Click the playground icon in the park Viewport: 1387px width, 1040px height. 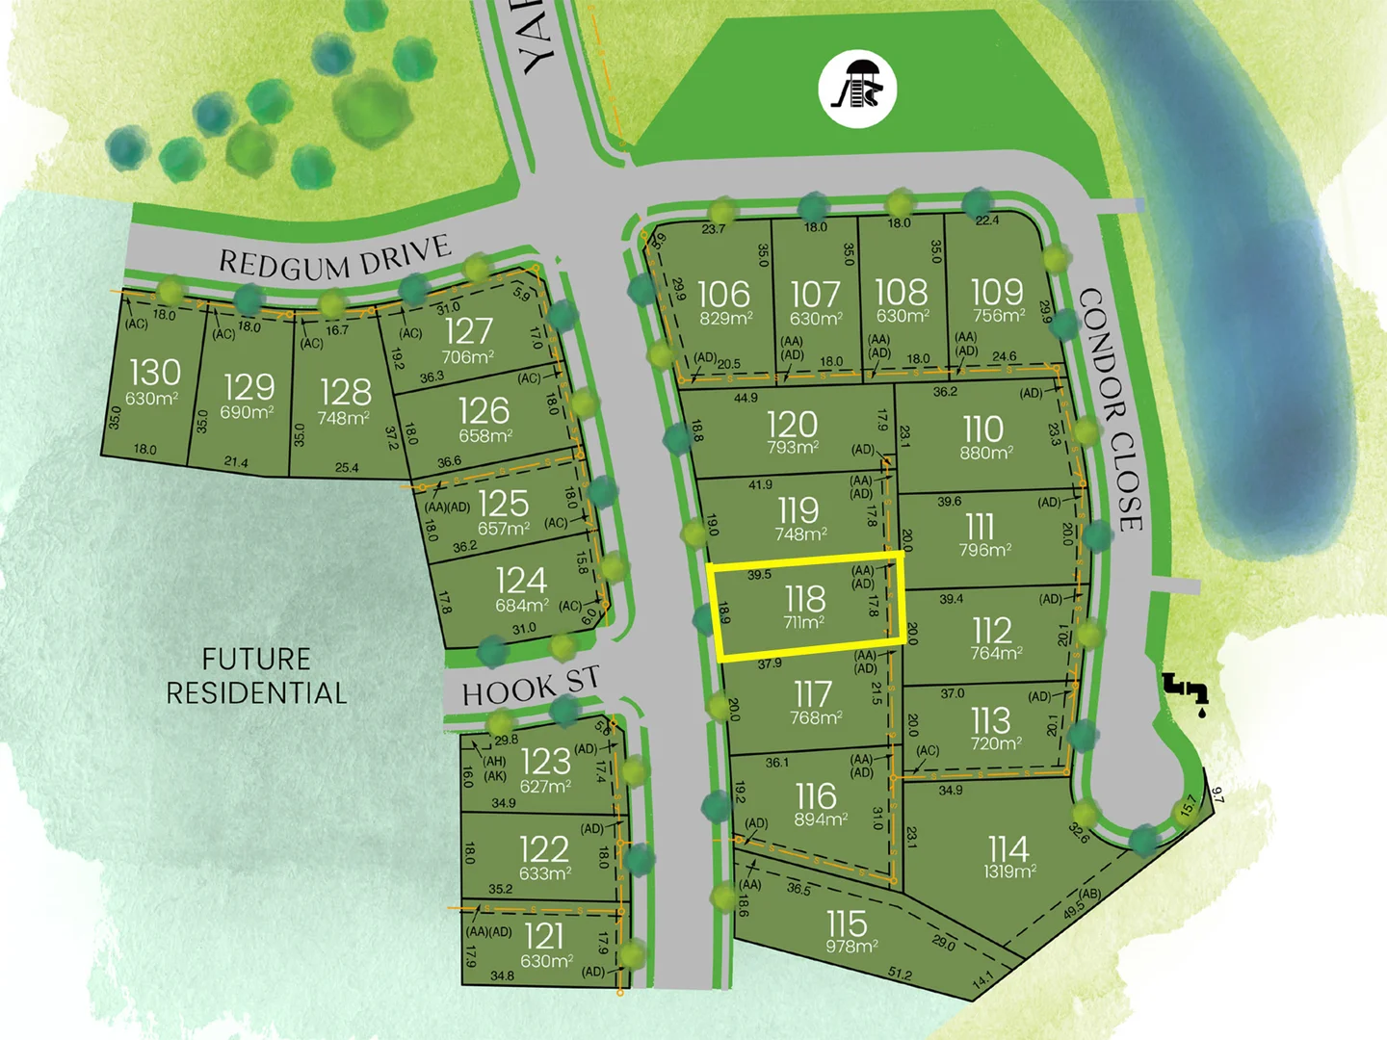(857, 89)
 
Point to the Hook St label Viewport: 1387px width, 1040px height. (530, 687)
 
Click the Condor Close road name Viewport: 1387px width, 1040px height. (1112, 408)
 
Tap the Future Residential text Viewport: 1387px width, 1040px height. (256, 676)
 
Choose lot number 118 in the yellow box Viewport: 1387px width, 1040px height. (805, 599)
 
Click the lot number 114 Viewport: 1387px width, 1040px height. (1008, 848)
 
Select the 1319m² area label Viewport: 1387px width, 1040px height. (1009, 871)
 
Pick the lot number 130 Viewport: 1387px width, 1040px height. (154, 372)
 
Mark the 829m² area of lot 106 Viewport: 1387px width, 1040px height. (726, 318)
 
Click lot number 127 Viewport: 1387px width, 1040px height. (468, 331)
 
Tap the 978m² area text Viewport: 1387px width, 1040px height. (851, 947)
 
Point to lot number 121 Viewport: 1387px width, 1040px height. (544, 936)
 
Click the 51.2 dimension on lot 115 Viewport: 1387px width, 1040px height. (900, 975)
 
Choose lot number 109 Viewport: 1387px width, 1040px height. (997, 292)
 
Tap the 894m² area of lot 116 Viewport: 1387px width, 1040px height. (821, 819)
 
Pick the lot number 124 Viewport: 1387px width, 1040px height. (521, 581)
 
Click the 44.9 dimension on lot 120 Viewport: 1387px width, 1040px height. (746, 398)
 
